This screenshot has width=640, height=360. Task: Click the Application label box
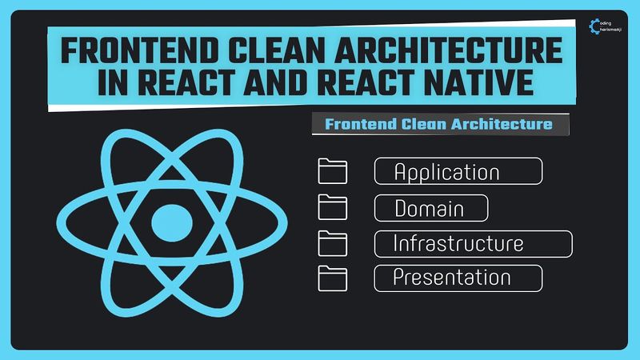coord(458,172)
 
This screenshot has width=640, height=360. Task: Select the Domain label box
coord(431,208)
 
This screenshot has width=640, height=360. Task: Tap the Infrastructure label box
coord(474,243)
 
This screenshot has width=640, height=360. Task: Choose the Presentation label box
coord(458,278)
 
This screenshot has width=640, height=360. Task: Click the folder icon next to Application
coord(333,172)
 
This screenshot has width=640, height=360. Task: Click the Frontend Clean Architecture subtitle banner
coord(438,124)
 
